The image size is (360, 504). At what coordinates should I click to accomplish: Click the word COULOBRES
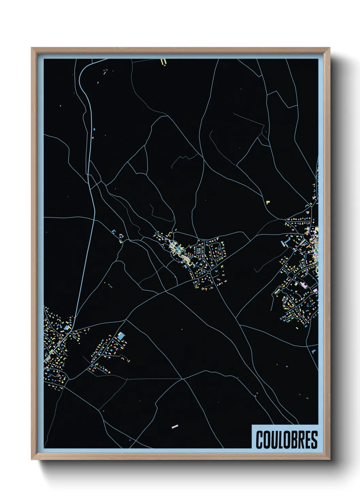pos(287,440)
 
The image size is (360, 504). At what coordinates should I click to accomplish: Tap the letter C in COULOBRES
pos(259,440)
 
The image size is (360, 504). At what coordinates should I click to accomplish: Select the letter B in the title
pos(293,440)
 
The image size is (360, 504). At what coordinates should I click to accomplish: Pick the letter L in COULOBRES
pos(280,440)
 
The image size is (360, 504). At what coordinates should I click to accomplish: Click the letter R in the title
pos(300,440)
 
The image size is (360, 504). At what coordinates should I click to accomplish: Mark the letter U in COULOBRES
pos(273,440)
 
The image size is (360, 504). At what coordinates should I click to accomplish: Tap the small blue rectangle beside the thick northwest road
pos(94,130)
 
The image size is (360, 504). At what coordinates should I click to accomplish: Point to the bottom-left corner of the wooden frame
pos(32,459)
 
